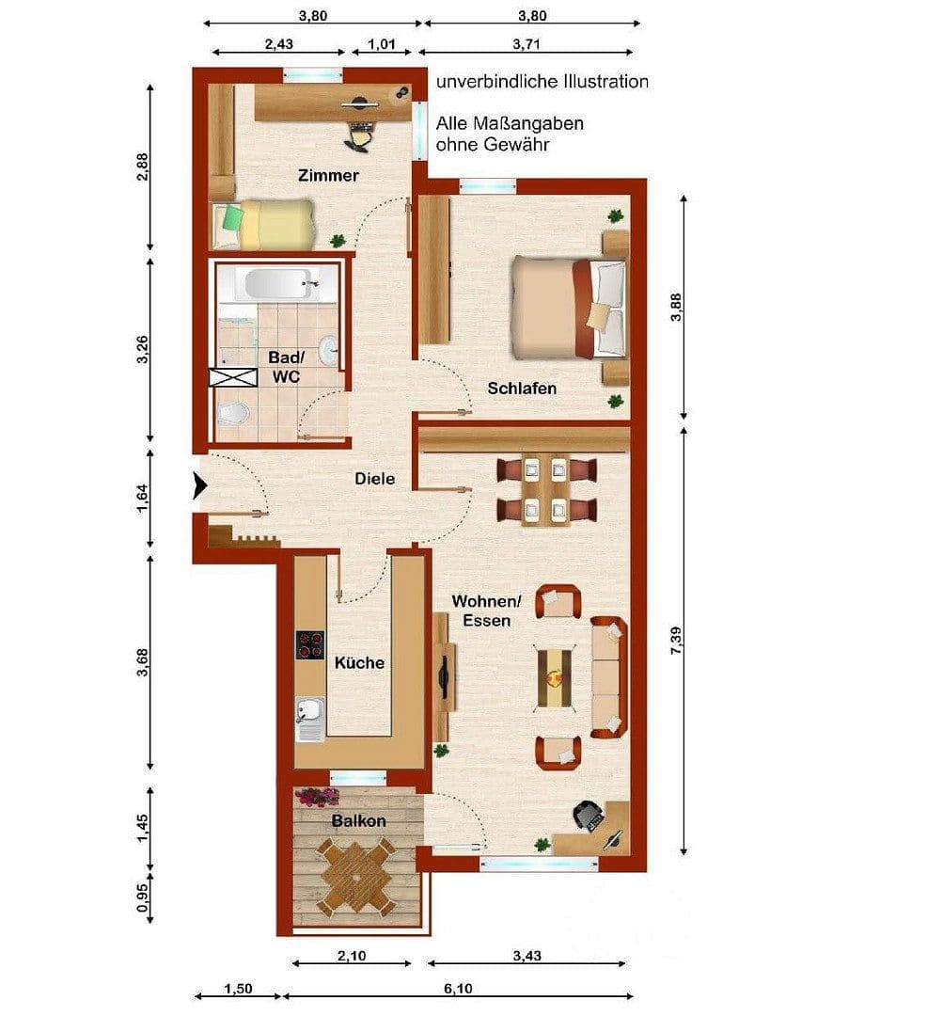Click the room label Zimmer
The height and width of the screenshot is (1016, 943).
pos(328,176)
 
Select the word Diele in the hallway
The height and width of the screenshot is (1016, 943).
pos(374,479)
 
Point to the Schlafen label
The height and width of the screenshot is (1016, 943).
pos(522,389)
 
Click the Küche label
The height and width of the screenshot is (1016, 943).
pos(359,663)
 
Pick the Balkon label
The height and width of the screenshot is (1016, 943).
pos(358,820)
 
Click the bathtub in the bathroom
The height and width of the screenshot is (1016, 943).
pos(277,283)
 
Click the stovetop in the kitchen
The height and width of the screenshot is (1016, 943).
pos(310,644)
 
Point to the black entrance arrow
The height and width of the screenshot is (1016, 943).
pos(199,486)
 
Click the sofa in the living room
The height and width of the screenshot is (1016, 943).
pos(607,676)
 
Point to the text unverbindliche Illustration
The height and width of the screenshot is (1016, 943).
pos(542,82)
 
